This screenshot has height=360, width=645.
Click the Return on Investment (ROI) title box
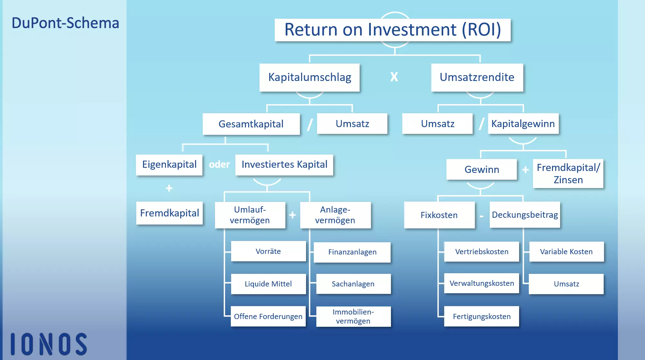pos(392,30)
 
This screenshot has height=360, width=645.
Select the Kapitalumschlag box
pos(310,77)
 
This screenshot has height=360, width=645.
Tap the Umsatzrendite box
pos(477,77)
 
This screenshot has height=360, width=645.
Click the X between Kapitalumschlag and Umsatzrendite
pos(394,77)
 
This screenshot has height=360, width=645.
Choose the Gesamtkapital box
pos(251,124)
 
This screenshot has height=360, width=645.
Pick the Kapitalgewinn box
pos(523,124)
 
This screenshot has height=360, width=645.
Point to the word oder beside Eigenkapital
pos(219,165)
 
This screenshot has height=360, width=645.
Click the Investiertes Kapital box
pos(284,165)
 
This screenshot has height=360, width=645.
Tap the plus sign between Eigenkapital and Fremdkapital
pos(169,188)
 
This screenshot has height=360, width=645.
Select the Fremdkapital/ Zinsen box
pos(568,174)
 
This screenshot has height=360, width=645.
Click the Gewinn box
pos(481,169)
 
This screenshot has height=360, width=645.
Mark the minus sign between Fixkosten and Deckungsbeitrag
pos(482,216)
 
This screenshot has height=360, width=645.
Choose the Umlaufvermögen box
pos(250,215)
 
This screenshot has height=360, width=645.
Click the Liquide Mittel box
pos(268,284)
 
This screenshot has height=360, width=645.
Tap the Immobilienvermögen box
pos(353,316)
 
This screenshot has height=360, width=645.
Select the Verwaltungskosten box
pos(481,283)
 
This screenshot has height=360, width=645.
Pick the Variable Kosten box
pos(566,252)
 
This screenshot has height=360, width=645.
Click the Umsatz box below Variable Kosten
pos(566,284)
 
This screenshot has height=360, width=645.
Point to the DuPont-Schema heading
pos(66,23)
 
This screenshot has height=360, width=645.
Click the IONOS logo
pos(49,344)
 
